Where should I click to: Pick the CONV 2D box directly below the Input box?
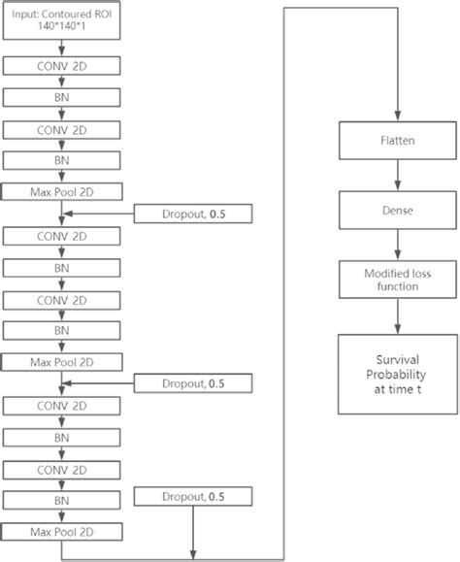click(62, 67)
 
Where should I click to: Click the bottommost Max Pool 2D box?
click(62, 531)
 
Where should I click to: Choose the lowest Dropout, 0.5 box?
click(194, 498)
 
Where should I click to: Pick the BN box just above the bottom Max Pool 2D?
click(62, 500)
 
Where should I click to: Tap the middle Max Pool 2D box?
click(62, 362)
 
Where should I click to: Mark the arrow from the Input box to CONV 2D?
click(62, 49)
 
